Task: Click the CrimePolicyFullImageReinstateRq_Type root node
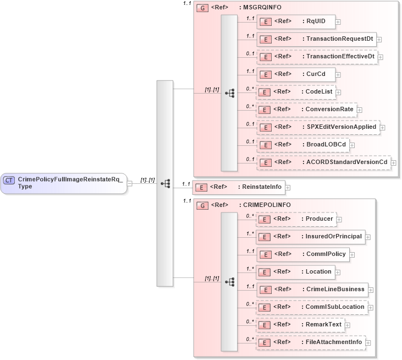click(64, 183)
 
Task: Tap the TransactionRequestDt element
click(316, 39)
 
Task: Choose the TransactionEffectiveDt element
click(317, 56)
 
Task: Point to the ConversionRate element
click(306, 109)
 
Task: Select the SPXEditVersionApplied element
click(318, 127)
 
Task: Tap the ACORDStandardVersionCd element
click(323, 162)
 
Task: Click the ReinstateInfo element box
click(238, 187)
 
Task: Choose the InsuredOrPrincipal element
click(310, 236)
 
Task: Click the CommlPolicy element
click(302, 254)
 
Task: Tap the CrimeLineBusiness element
click(312, 289)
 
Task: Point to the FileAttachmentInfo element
click(311, 342)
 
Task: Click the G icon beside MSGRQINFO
click(202, 9)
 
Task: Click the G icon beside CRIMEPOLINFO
click(202, 205)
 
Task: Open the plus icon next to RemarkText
click(348, 325)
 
